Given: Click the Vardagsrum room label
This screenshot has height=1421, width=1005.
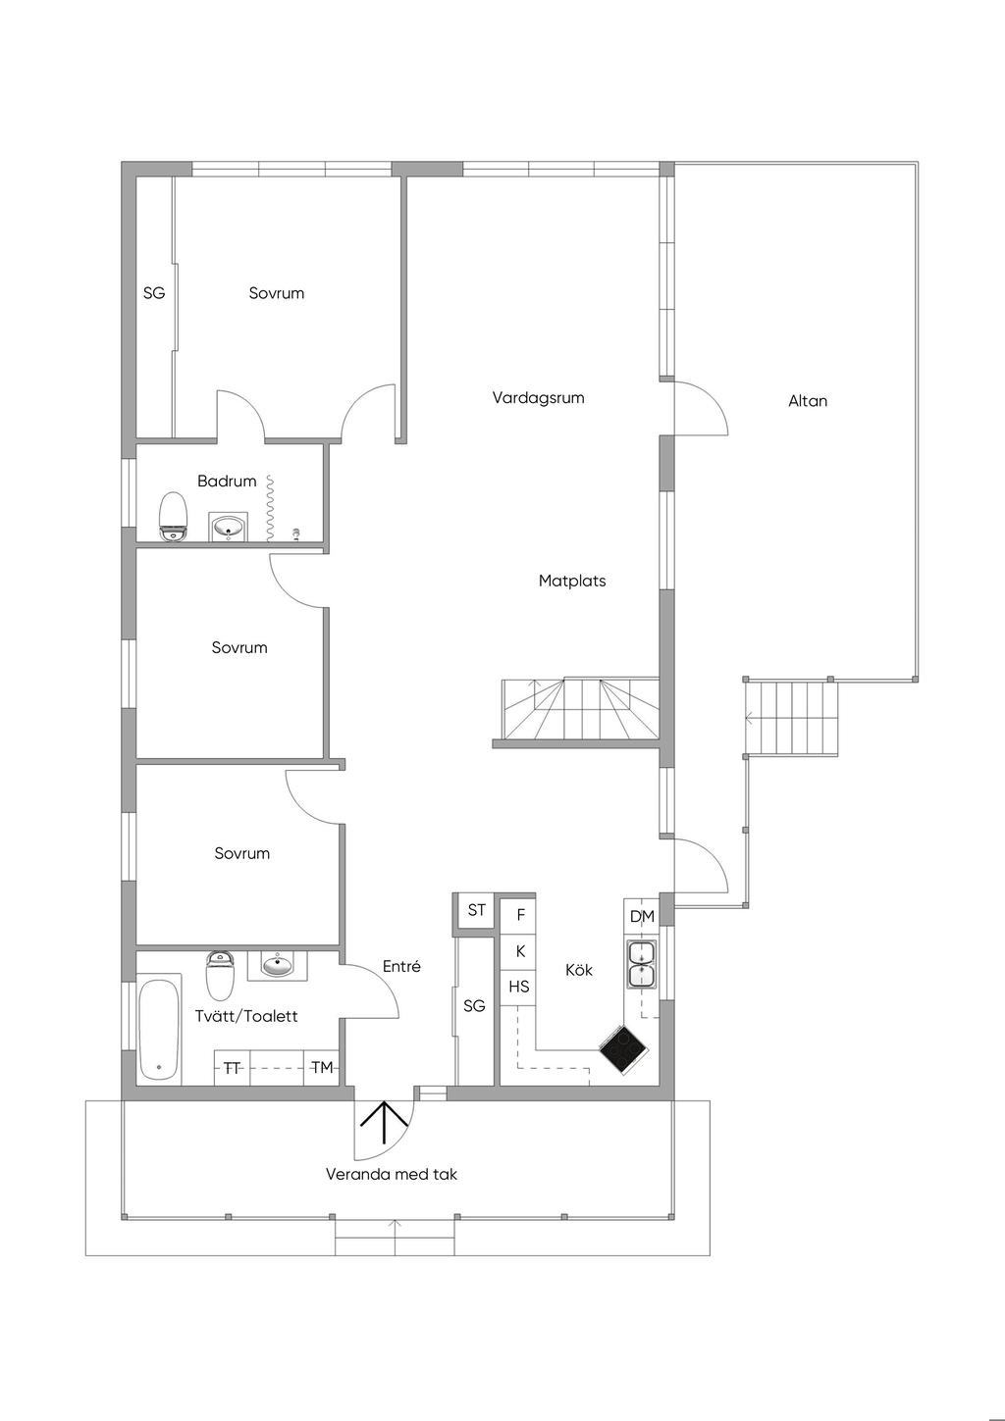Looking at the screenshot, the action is [538, 398].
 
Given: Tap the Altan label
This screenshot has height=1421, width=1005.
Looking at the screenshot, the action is [808, 401].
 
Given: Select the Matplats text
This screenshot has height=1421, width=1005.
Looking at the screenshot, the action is [572, 581].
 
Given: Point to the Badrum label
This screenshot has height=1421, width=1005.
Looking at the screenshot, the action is [227, 481].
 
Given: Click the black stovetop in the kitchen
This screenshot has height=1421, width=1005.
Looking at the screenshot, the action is [623, 1050].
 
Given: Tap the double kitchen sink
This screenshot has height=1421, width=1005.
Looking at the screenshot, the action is [643, 965].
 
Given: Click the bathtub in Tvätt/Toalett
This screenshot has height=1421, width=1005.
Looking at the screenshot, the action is [159, 1031].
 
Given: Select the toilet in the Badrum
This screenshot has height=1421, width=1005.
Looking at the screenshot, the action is [173, 517].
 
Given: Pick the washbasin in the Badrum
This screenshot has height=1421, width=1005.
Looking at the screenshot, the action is [228, 526].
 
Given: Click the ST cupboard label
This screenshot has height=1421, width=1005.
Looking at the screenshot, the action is [476, 910].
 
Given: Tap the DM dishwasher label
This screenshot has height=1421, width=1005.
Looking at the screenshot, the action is [642, 917].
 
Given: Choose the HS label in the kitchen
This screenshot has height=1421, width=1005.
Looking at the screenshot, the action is [518, 987].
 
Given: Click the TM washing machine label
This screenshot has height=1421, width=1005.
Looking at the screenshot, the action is [322, 1068].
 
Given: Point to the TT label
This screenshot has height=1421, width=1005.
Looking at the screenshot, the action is [232, 1068].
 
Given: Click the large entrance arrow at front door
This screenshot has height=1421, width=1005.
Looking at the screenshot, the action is [385, 1123].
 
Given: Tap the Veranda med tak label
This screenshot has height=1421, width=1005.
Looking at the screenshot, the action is [391, 1174].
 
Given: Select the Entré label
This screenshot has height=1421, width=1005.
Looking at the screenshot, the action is [401, 966].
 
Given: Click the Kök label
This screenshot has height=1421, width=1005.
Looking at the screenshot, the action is [578, 970].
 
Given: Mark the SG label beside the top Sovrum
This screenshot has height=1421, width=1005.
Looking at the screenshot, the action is [154, 293].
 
